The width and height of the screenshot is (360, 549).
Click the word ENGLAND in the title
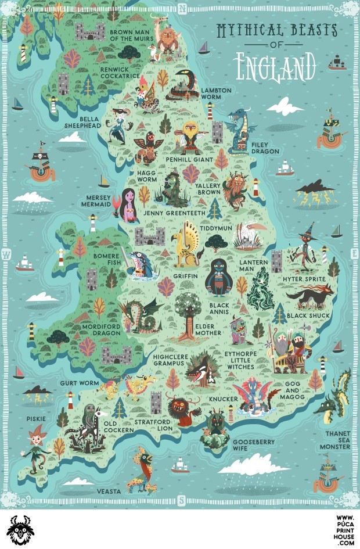(x=275, y=66)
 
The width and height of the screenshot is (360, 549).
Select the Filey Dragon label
(x=265, y=148)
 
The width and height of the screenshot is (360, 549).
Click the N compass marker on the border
(x=182, y=8)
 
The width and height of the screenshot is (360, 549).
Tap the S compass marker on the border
(x=181, y=500)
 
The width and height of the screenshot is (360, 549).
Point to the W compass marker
(x=7, y=254)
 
